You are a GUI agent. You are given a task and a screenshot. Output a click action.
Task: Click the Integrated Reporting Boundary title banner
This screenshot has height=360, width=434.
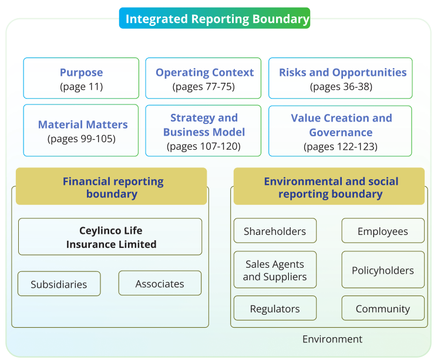(x=214, y=18)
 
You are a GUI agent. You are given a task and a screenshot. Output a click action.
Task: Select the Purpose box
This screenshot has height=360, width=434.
(x=81, y=78)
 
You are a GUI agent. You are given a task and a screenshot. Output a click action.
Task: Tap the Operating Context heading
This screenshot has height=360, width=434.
(x=204, y=72)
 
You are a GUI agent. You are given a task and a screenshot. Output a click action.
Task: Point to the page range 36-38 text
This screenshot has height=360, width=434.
(x=341, y=86)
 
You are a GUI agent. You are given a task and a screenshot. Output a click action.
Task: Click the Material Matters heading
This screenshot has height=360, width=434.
(x=83, y=125)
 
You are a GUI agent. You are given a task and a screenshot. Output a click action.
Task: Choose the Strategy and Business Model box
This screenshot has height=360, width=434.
(x=203, y=130)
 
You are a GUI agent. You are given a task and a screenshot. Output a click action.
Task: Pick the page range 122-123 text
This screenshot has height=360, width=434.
(x=341, y=146)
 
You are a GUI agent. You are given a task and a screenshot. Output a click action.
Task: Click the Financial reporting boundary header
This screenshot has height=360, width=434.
(x=111, y=186)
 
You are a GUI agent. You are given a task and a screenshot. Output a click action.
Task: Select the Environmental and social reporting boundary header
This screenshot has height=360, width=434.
(x=329, y=186)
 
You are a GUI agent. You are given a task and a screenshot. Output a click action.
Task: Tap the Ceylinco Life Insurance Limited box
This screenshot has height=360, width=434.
(x=110, y=237)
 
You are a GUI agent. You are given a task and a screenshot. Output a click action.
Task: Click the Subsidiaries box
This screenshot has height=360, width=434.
(x=59, y=284)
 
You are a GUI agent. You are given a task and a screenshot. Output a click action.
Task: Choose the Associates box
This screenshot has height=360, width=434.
(x=160, y=283)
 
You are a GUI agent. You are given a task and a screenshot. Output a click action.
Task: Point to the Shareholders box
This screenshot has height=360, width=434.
(x=275, y=230)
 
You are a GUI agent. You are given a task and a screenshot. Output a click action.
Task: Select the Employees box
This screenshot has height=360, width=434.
(x=383, y=230)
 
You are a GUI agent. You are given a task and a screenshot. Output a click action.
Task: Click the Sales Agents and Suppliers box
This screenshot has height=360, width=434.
(x=275, y=270)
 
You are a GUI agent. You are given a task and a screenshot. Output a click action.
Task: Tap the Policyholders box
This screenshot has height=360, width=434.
(x=383, y=270)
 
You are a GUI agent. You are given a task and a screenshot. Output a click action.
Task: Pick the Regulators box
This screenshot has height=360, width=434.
(x=275, y=308)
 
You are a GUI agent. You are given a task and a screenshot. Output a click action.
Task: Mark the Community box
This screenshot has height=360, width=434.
(x=383, y=308)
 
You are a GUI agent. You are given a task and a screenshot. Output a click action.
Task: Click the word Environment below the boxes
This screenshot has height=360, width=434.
(x=332, y=339)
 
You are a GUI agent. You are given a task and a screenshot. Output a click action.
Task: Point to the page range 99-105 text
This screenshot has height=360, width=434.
(x=82, y=139)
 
